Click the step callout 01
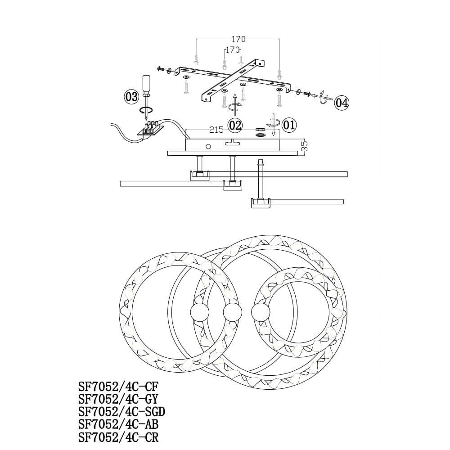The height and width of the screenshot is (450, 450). pyautogui.click(x=289, y=124)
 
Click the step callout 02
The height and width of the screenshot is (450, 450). pyautogui.click(x=235, y=125)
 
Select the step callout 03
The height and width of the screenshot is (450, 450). pyautogui.click(x=131, y=96)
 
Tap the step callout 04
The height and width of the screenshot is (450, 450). pyautogui.click(x=342, y=103)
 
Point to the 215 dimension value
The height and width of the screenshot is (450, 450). pyautogui.click(x=216, y=130)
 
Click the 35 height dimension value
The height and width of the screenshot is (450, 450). pyautogui.click(x=304, y=145)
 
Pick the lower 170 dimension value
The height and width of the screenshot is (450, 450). pyautogui.click(x=232, y=50)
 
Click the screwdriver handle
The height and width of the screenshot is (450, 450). pyautogui.click(x=146, y=84)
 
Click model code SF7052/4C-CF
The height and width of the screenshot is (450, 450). pyautogui.click(x=119, y=387)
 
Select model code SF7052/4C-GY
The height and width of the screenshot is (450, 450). pyautogui.click(x=119, y=399)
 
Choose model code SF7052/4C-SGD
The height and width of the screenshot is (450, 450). pyautogui.click(x=121, y=412)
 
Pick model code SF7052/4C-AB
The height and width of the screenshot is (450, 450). pyautogui.click(x=119, y=424)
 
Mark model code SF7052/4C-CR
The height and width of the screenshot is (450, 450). pyautogui.click(x=119, y=437)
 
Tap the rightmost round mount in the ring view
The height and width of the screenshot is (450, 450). pyautogui.click(x=261, y=312)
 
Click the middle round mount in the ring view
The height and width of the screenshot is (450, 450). pyautogui.click(x=233, y=312)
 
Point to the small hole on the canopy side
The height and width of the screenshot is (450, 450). pyautogui.click(x=208, y=146)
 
